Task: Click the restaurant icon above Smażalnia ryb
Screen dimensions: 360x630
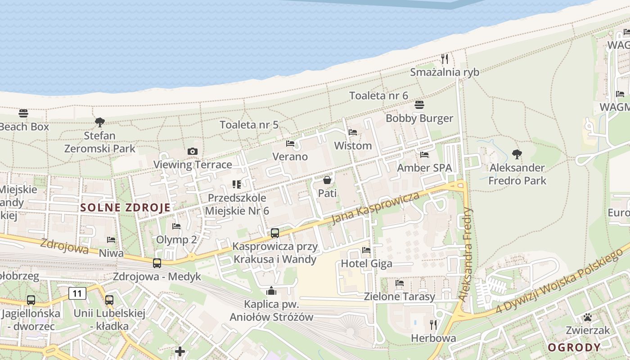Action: pyautogui.click(x=445, y=59)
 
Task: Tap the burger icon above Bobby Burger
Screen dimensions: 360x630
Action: pyautogui.click(x=419, y=105)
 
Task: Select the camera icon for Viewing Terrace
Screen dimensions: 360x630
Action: pyautogui.click(x=193, y=151)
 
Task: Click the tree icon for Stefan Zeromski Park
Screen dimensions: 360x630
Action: pyautogui.click(x=100, y=122)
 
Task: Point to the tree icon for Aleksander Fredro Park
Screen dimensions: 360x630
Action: pyautogui.click(x=517, y=154)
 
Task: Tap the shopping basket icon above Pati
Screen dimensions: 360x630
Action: pyautogui.click(x=327, y=180)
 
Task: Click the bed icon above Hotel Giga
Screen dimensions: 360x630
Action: pyautogui.click(x=366, y=250)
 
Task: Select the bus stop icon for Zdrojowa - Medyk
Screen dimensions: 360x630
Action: pyautogui.click(x=157, y=263)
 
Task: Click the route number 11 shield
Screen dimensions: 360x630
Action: pyautogui.click(x=77, y=294)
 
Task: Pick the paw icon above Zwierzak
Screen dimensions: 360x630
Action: pyautogui.click(x=587, y=317)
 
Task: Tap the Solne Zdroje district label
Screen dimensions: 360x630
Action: pyautogui.click(x=126, y=207)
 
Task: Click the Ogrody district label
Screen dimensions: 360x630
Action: pyautogui.click(x=574, y=347)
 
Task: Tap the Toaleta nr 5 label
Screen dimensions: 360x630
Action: pyautogui.click(x=249, y=125)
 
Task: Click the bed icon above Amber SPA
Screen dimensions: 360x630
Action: pyautogui.click(x=424, y=155)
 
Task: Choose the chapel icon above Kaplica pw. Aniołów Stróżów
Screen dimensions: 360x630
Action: pyautogui.click(x=271, y=291)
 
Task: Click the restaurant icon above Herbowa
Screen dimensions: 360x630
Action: pyautogui.click(x=433, y=324)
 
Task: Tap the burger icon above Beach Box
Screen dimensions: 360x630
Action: pyautogui.click(x=23, y=113)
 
